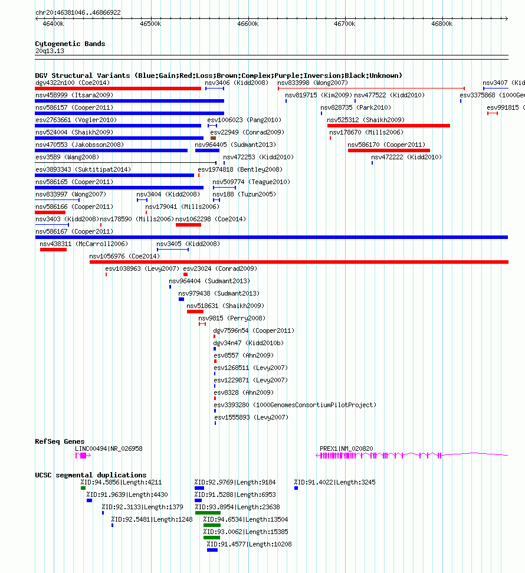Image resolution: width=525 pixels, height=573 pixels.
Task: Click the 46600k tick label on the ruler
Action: [248, 24]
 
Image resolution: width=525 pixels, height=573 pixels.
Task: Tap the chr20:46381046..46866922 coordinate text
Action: [78, 12]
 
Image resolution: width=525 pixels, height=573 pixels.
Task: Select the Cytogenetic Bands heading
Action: [70, 44]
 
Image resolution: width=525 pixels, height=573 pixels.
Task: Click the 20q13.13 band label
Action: [50, 51]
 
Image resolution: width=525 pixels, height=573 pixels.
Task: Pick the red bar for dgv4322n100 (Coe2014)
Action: [118, 89]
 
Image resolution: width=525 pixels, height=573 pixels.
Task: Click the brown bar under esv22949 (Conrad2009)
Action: [214, 138]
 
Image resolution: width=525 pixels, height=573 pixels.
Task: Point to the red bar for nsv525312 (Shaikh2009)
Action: [388, 126]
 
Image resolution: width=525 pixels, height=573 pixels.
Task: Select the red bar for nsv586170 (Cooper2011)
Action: [389, 150]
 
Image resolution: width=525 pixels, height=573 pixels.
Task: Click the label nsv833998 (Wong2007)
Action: [313, 83]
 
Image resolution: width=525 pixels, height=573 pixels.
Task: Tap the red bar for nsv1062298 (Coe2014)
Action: [188, 225]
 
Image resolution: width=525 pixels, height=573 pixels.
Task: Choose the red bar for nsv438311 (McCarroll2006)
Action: [53, 250]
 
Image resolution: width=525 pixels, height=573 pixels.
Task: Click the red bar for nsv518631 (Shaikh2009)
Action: [195, 312]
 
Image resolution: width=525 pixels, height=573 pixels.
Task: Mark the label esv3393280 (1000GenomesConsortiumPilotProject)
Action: [295, 405]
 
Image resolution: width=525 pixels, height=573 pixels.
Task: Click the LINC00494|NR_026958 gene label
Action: [109, 448]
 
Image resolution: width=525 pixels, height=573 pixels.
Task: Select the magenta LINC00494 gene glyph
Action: [83, 456]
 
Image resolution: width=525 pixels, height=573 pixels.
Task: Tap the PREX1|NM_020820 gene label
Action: [346, 448]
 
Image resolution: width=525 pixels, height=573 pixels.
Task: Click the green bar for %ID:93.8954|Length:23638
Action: [208, 513]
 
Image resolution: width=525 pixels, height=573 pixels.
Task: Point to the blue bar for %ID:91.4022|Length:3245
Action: [296, 488]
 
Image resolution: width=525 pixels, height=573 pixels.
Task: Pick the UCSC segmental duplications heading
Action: [91, 475]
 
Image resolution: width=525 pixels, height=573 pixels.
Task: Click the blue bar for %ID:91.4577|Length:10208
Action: [212, 550]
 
